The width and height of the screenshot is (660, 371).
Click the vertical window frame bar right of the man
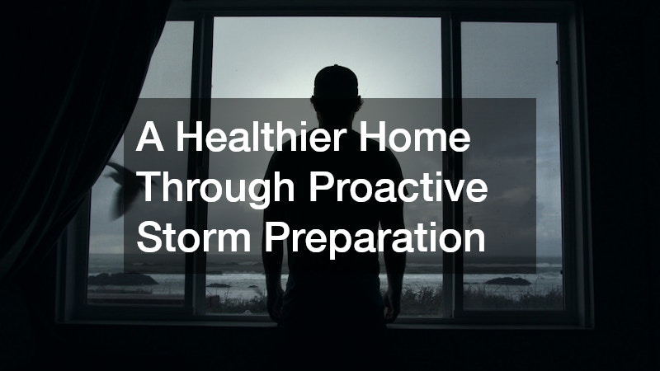click(451, 165)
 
